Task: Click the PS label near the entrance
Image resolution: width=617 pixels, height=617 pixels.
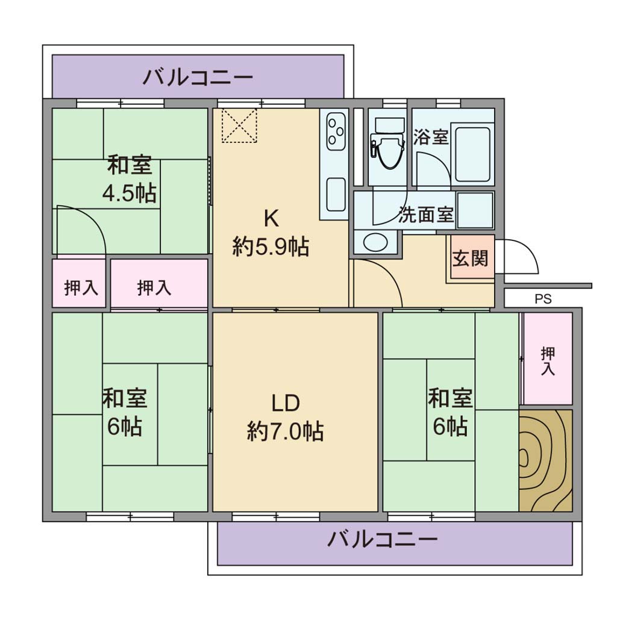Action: click(x=543, y=299)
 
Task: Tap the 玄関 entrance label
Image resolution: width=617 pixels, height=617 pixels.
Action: click(x=470, y=258)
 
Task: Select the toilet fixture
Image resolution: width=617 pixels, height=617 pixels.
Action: click(x=387, y=143)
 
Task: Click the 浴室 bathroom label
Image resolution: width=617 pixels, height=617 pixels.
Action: click(x=431, y=137)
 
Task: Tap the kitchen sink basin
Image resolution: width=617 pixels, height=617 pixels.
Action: click(x=336, y=195)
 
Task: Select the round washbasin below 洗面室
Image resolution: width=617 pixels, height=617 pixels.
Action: click(x=375, y=242)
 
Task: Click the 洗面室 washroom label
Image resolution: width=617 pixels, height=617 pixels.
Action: click(x=426, y=215)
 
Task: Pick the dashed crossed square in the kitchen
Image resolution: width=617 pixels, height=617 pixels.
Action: click(x=239, y=125)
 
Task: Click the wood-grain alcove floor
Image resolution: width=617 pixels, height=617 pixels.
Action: click(x=545, y=460)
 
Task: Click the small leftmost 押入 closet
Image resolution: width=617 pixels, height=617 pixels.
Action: click(x=79, y=283)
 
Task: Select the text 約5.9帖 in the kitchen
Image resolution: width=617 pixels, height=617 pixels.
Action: click(x=271, y=247)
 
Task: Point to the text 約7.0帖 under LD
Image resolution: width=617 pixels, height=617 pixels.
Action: click(x=285, y=431)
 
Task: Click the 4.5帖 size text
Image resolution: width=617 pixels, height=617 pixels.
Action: click(x=130, y=193)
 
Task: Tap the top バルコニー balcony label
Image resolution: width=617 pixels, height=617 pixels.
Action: click(x=198, y=77)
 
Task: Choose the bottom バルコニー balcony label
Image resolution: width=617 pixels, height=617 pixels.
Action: click(x=382, y=539)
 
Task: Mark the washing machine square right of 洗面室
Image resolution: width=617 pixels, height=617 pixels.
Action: click(x=475, y=210)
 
